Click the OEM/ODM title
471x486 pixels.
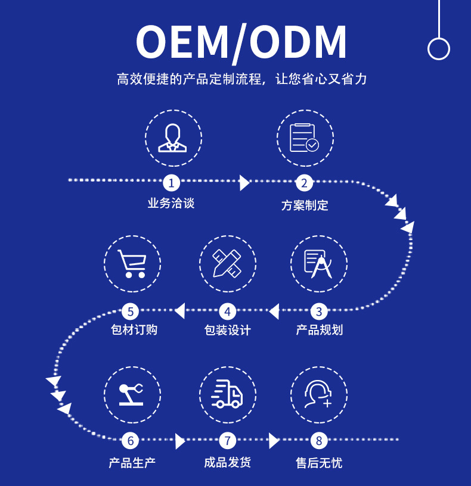click(241, 42)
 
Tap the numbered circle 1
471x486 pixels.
click(172, 182)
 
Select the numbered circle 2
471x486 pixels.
click(304, 182)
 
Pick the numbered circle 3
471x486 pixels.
click(319, 311)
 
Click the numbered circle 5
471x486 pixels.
click(131, 311)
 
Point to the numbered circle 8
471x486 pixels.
click(319, 441)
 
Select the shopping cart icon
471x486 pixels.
click(132, 263)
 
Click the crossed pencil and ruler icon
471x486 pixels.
click(227, 263)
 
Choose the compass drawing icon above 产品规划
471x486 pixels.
click(318, 263)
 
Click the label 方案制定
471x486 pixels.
click(305, 205)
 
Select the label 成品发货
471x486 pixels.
click(227, 462)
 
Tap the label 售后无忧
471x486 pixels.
click(319, 462)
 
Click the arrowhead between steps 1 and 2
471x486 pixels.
click(244, 182)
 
